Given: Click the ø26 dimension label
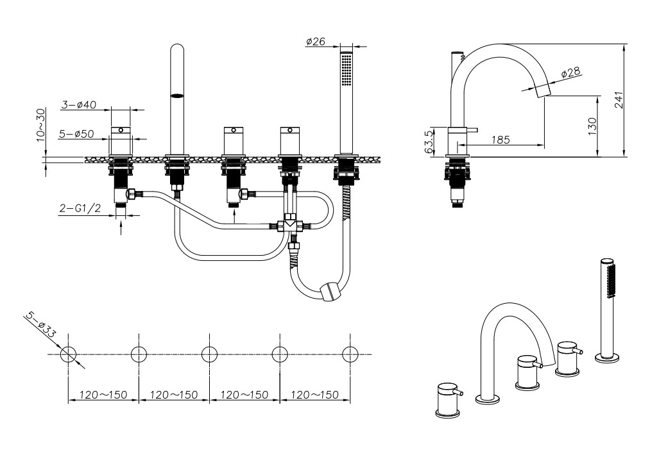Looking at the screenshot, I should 316,42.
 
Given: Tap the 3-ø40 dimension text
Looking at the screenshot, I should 79,105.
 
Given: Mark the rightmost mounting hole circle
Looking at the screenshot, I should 350,354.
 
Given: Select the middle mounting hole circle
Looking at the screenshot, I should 209,354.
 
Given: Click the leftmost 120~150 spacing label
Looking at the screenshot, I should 103,395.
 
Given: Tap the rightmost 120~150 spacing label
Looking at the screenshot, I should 315,395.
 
